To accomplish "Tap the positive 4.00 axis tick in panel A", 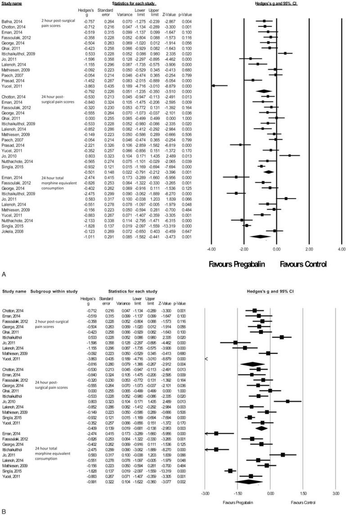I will pos(341,248).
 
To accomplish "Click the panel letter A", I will pos(4,273).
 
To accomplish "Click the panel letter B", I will pos(4,511).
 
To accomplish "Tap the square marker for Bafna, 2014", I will pos(264,21).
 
